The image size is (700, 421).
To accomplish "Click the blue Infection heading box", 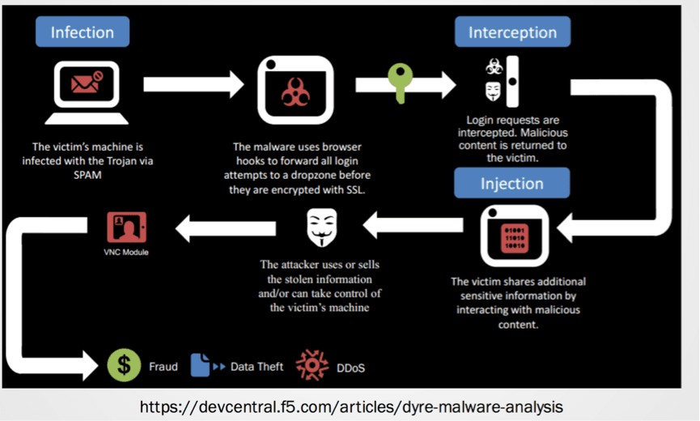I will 82,32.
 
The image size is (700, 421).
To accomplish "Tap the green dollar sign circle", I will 124,366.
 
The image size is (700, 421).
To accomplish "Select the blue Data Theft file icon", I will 199,366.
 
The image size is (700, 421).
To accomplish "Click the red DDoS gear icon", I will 312,367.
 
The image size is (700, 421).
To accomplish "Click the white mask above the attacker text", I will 321,228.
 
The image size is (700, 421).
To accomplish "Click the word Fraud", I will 163,367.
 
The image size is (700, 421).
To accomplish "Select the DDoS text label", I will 350,368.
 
